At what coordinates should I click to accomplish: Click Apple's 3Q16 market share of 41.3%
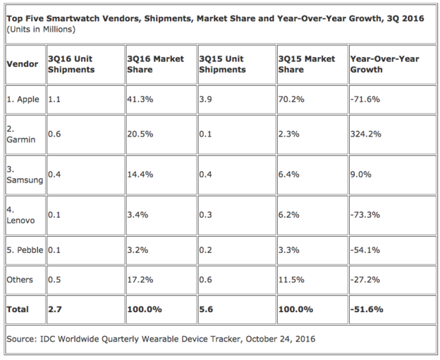click(140, 99)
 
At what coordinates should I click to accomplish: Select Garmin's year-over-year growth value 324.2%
click(366, 134)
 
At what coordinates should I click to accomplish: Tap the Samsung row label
click(25, 175)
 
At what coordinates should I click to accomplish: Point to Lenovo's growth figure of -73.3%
click(365, 215)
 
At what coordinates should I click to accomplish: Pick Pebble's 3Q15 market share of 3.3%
click(289, 250)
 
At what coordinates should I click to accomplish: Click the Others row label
click(20, 280)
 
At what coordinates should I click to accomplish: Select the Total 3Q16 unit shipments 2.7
click(55, 309)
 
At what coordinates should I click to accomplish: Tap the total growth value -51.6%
click(367, 309)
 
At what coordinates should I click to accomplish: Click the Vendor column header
click(23, 64)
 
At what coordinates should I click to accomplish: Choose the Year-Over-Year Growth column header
click(385, 64)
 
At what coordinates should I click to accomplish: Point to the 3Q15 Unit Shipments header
click(222, 64)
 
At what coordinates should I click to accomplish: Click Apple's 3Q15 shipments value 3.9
click(205, 99)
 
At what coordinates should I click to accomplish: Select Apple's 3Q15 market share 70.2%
click(291, 99)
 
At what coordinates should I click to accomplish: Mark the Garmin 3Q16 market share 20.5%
click(140, 134)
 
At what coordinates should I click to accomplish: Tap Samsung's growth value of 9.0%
click(361, 175)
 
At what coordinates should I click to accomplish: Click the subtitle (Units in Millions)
click(41, 29)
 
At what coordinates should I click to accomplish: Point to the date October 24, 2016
click(281, 339)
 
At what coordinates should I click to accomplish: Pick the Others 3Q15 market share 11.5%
click(291, 280)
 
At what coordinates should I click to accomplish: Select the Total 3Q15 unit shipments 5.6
click(206, 309)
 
